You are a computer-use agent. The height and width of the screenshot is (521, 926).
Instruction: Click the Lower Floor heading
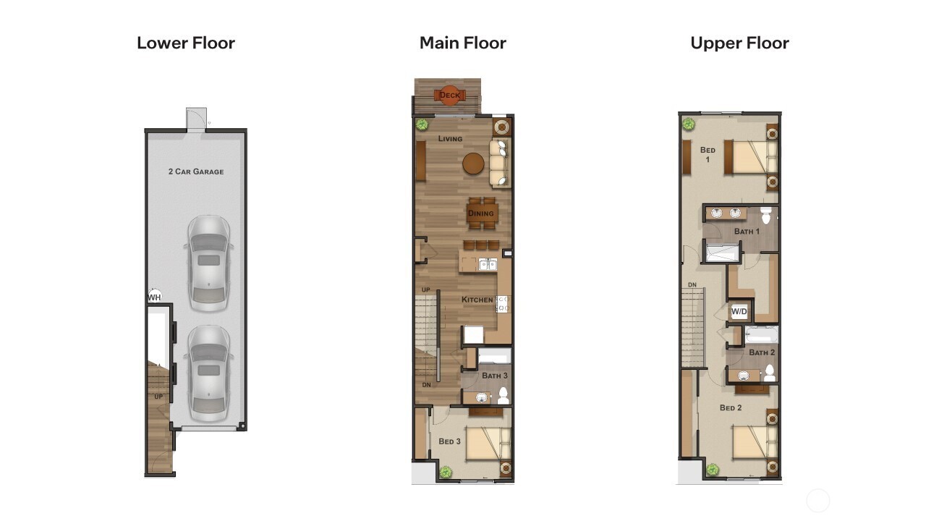(x=186, y=43)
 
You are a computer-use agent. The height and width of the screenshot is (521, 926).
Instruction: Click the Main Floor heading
(x=463, y=43)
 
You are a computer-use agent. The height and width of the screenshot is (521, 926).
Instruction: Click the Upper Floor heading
(x=739, y=43)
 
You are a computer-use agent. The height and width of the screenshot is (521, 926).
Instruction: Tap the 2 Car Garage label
(x=196, y=171)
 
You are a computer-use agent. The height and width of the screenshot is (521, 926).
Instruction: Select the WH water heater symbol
(x=154, y=297)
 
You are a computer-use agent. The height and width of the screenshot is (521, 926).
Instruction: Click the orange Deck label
(x=449, y=95)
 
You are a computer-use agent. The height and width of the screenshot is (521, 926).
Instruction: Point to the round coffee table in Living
(x=473, y=164)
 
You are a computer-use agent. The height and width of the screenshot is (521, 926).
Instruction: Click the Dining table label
(x=480, y=213)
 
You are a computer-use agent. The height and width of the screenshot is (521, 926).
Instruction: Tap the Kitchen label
(x=477, y=300)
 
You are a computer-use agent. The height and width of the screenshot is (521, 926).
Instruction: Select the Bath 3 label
(x=495, y=376)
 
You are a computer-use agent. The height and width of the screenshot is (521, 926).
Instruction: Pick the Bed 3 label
(x=449, y=441)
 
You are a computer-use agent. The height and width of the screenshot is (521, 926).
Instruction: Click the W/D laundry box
(x=739, y=312)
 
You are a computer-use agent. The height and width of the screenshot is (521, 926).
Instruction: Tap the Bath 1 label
(x=747, y=232)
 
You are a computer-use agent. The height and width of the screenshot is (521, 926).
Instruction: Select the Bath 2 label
(x=762, y=352)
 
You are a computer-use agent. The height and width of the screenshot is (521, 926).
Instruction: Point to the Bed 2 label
(x=731, y=408)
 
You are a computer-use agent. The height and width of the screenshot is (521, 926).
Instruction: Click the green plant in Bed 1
(x=689, y=124)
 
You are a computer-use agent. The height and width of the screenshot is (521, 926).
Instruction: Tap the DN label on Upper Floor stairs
(x=692, y=285)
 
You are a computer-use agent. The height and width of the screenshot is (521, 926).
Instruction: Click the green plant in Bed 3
(x=446, y=473)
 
